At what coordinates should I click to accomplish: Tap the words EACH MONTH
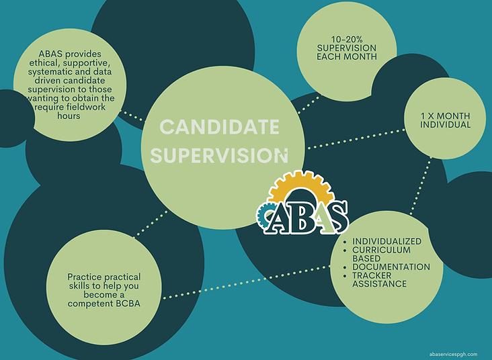point(346,56)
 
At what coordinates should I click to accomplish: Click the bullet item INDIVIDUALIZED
point(387,241)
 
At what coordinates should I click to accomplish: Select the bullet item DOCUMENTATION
point(391,267)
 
